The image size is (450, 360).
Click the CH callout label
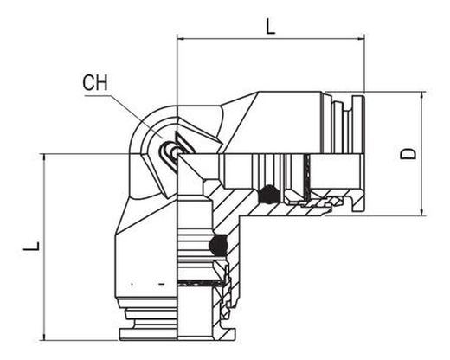point(95,83)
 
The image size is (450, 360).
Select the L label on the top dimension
point(270,27)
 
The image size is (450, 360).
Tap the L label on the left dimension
point(32,246)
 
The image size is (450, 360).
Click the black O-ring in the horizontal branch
point(268,194)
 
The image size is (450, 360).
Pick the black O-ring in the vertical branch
point(218,245)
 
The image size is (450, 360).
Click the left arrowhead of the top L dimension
point(181,38)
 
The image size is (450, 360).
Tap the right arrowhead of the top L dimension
point(361,38)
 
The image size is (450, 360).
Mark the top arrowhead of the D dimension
point(422,95)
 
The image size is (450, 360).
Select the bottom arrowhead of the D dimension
point(422,212)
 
